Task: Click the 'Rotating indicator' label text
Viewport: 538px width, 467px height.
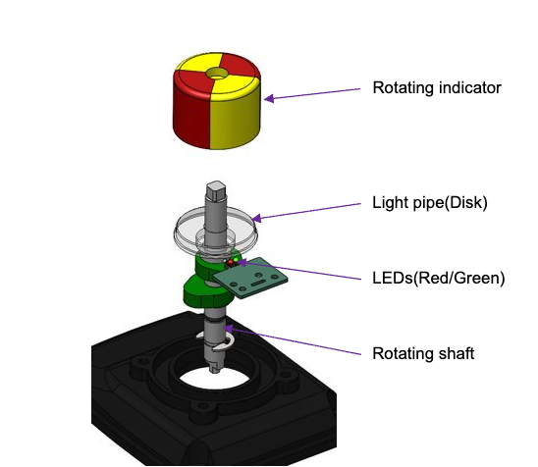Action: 437,87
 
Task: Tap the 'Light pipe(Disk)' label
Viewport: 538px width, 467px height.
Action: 430,203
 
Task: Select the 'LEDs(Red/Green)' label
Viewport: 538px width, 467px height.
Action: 439,278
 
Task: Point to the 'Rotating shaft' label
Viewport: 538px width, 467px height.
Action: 423,353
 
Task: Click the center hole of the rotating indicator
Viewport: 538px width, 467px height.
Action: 217,74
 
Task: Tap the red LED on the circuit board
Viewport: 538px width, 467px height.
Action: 231,263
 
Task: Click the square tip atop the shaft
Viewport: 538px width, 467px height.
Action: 216,190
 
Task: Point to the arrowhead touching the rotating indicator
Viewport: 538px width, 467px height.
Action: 269,98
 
